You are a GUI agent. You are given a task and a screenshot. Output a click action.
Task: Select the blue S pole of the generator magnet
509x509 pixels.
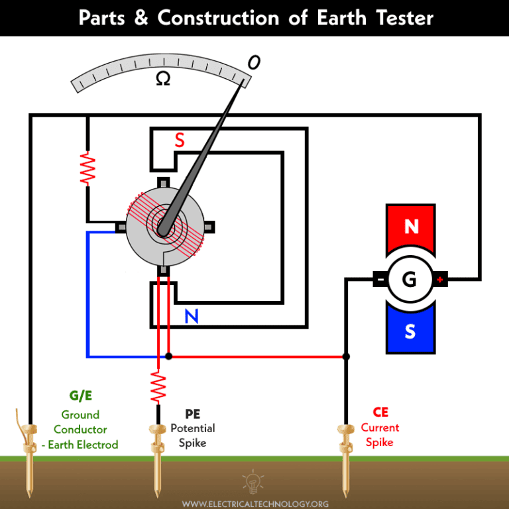410,331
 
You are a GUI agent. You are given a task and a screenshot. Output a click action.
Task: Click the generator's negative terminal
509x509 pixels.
380,279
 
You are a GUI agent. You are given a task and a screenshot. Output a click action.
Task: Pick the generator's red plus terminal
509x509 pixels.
440,279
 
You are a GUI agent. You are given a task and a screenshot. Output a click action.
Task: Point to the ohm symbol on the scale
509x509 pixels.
162,79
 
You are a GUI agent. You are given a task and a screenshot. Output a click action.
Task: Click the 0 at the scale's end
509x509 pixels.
253,62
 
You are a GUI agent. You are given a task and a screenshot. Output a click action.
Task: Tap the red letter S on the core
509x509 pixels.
180,141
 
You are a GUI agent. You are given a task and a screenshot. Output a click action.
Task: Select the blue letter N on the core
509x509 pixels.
192,317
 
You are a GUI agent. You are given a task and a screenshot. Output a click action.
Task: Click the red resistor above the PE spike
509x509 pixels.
158,386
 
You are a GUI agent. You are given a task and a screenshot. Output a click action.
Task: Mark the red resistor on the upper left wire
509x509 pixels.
87,168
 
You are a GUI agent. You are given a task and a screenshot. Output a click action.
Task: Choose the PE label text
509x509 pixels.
192,414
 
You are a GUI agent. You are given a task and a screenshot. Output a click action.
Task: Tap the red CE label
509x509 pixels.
380,412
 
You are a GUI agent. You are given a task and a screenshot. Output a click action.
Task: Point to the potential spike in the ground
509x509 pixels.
158,461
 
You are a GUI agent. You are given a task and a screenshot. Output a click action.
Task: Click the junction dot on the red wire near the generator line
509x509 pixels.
345,357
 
